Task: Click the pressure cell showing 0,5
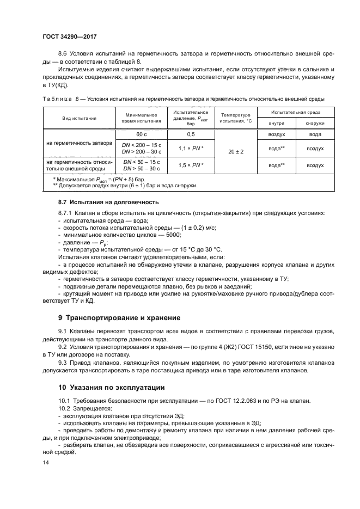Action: (x=191, y=134)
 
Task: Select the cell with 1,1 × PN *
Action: (x=191, y=148)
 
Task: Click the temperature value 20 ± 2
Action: (x=235, y=151)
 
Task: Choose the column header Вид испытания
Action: (x=80, y=118)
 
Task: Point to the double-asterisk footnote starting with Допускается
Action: (x=125, y=185)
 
